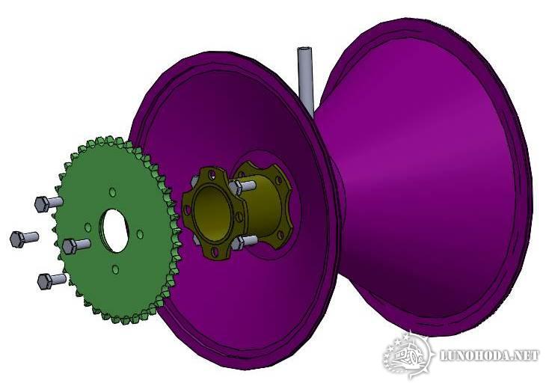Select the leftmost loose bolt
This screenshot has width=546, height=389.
[x=24, y=239]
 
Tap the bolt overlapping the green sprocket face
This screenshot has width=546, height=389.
[x=76, y=245]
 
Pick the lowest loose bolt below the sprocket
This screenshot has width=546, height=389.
[x=51, y=280]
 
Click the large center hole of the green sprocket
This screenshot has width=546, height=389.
[x=114, y=230]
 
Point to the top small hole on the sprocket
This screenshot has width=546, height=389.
[x=112, y=192]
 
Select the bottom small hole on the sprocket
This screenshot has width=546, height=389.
[x=115, y=269]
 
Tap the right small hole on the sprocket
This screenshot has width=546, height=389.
[x=140, y=233]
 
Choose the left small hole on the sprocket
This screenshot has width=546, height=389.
[x=88, y=227]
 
